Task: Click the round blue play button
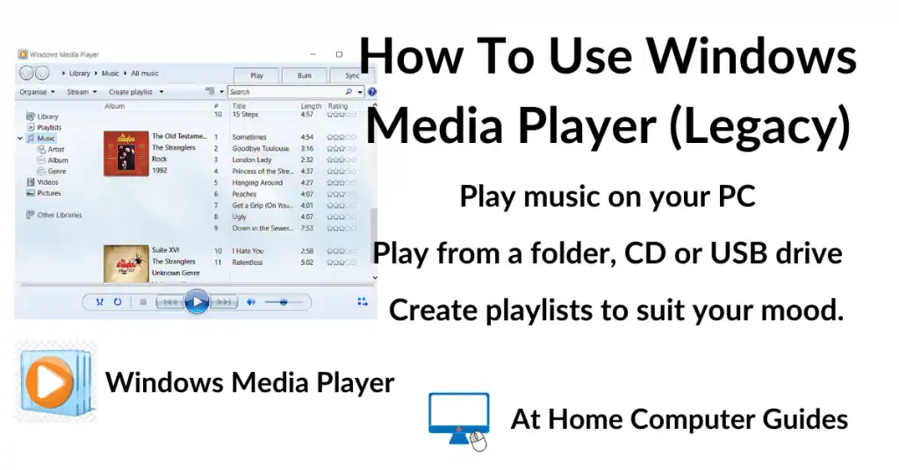coord(198,302)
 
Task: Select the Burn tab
coord(304,75)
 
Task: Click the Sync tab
coord(352,75)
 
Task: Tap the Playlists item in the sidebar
coord(49,127)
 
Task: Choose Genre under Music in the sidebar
coord(57,172)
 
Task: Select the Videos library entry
coord(47,182)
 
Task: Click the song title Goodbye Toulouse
coord(261,149)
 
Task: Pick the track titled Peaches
coord(244,194)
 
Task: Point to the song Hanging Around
coord(257,182)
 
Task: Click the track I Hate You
coord(248,251)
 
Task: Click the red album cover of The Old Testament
coord(126,153)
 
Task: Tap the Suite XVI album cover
coord(126,263)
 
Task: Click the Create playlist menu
coord(130,92)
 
